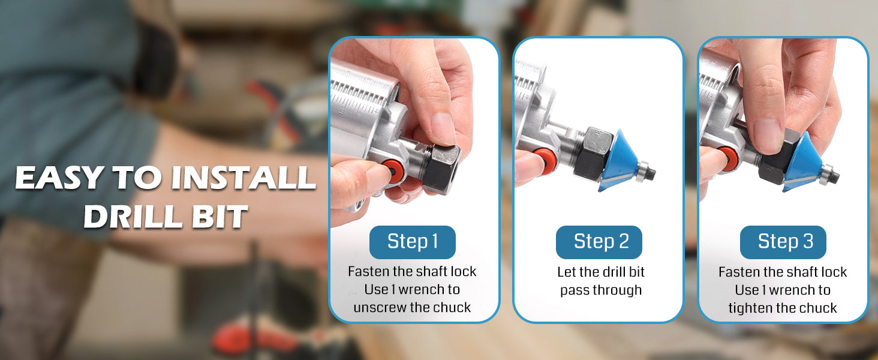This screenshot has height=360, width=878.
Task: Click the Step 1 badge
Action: click(413, 242)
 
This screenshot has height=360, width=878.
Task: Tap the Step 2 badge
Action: click(599, 242)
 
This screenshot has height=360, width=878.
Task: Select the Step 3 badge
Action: click(783, 242)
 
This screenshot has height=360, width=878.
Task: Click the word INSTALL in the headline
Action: click(243, 178)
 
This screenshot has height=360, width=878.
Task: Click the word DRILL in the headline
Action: click(133, 216)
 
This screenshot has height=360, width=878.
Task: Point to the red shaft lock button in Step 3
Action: click(729, 159)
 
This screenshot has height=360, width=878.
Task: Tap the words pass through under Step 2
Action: click(601, 290)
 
